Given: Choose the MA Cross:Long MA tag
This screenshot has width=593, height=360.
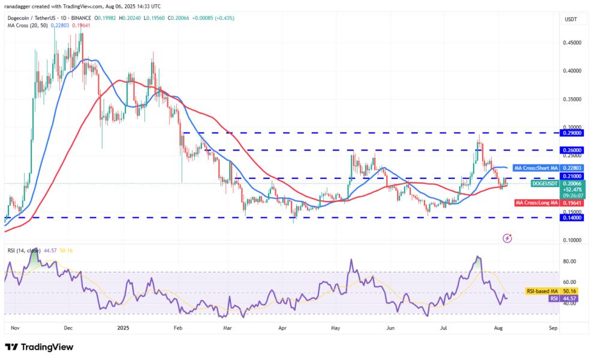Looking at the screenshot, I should (x=538, y=202).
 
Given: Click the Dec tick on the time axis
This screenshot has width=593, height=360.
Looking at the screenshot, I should (x=68, y=328).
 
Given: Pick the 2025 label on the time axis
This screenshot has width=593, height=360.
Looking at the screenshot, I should (x=123, y=328).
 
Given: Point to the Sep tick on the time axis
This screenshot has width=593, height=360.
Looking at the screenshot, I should (x=553, y=328).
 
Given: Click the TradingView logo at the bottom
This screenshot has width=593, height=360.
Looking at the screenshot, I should (x=39, y=347).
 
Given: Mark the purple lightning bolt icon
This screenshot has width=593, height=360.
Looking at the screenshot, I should (x=507, y=238).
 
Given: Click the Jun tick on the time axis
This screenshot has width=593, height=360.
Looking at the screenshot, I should (x=390, y=328).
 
